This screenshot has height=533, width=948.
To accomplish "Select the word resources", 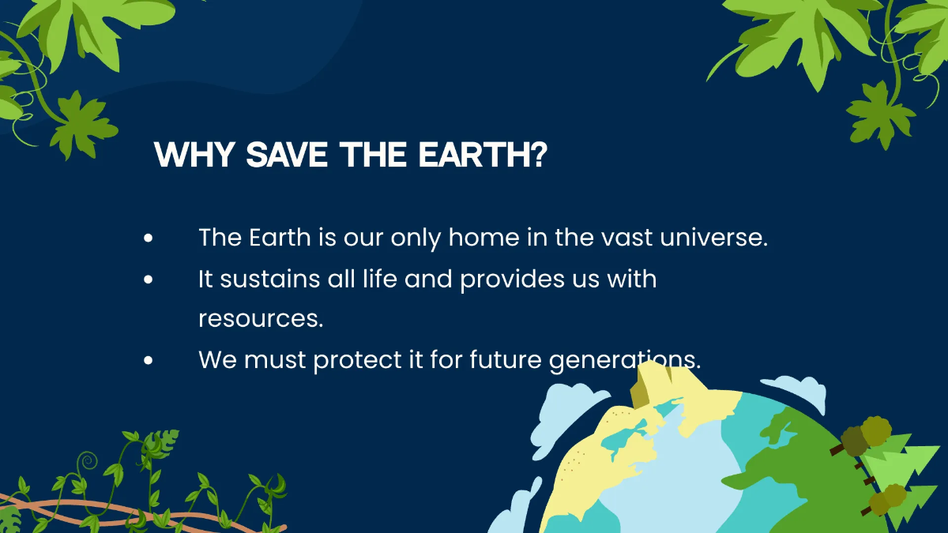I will [x=261, y=319].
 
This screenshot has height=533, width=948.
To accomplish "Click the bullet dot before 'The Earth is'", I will [x=148, y=238].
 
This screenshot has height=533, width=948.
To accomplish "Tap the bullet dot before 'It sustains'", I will [x=148, y=280].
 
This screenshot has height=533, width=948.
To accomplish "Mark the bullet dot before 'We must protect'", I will [x=148, y=361].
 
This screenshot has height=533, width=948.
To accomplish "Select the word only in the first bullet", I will [x=412, y=238].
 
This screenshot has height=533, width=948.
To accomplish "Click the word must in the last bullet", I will [x=276, y=360].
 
